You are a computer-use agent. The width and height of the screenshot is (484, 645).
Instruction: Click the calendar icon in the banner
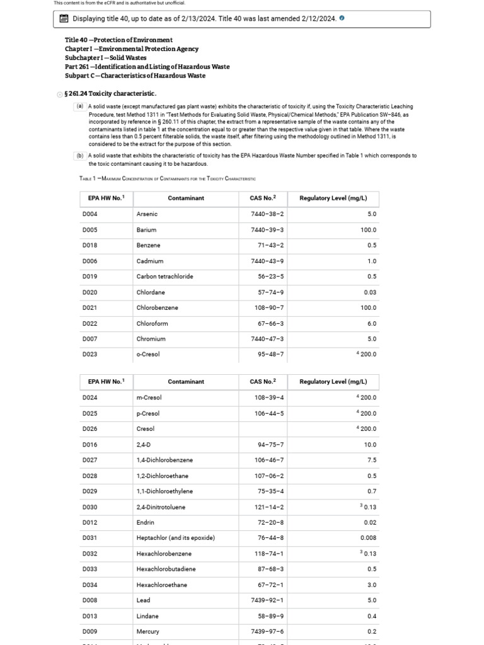point(64,19)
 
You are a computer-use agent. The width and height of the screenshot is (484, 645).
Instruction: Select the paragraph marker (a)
point(80,106)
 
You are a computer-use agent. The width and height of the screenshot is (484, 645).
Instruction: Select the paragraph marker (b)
point(80,155)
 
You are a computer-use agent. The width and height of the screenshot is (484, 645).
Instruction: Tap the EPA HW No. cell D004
point(89,214)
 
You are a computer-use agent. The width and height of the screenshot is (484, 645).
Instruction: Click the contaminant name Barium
point(146,230)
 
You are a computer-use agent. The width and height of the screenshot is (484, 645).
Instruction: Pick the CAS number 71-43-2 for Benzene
point(271,245)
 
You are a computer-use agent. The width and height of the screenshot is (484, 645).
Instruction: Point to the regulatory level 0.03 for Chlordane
point(370,292)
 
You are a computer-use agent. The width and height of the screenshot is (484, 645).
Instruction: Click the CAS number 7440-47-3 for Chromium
point(267,339)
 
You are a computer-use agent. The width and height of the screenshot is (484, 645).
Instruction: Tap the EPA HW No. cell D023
point(89,354)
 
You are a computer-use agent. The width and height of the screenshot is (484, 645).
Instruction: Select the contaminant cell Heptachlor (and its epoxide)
point(176,538)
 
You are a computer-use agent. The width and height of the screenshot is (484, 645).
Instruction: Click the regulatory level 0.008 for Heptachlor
point(369,538)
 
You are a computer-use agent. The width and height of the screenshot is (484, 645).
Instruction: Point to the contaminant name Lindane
point(147,616)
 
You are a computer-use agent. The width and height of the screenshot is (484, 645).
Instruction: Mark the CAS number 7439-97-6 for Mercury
point(267,631)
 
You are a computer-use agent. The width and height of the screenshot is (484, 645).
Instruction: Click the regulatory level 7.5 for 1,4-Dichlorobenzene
point(372,460)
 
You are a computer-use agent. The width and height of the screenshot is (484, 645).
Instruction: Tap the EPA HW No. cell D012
point(89,522)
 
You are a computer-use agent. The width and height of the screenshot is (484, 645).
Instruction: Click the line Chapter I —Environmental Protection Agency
point(132,49)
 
